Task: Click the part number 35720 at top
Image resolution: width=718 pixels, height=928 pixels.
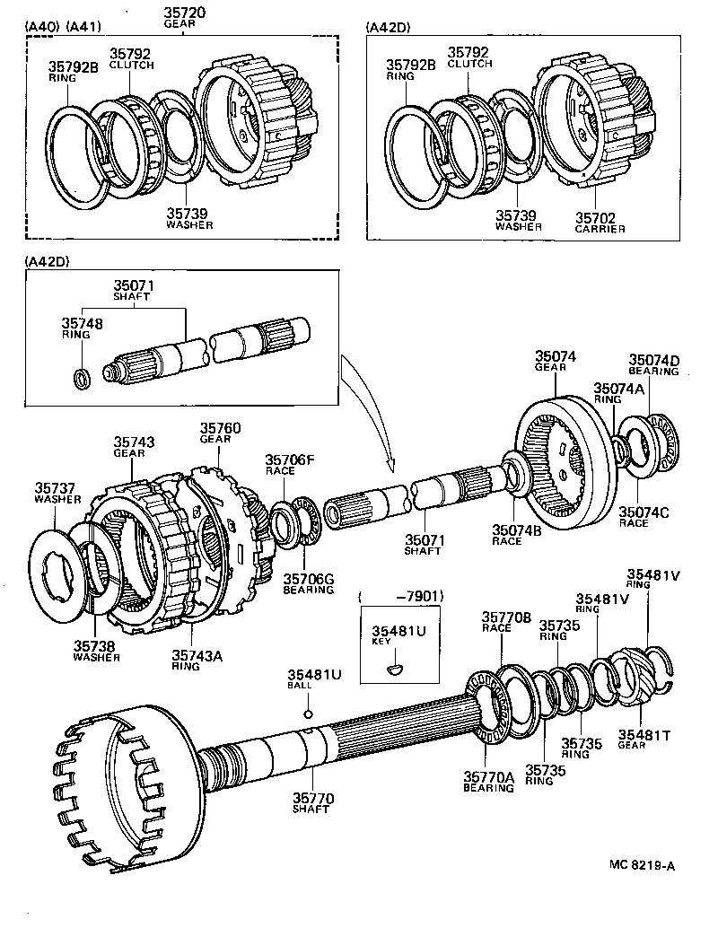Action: (185, 13)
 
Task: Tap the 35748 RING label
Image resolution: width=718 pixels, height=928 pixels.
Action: (76, 328)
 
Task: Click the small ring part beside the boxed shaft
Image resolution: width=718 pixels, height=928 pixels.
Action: (81, 378)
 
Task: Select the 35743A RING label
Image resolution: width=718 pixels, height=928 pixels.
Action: (197, 661)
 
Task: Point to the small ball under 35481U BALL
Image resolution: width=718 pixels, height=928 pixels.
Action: (307, 714)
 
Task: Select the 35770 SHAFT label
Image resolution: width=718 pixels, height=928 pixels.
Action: (311, 801)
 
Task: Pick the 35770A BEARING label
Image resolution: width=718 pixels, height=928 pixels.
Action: (488, 782)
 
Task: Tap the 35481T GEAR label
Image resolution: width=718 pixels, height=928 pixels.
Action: (644, 740)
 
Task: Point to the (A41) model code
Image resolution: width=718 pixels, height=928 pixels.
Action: (85, 28)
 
